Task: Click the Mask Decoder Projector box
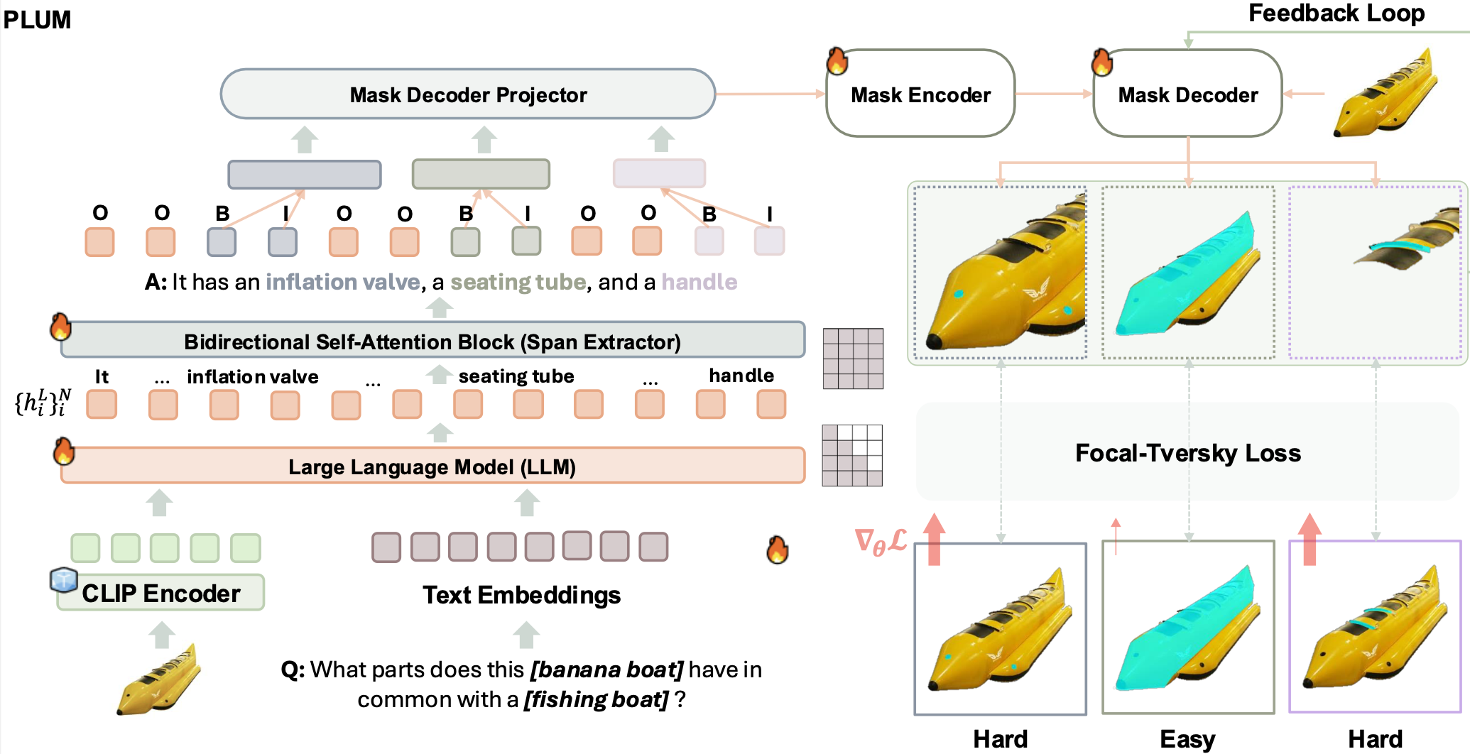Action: tap(468, 94)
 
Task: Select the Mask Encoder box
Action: tap(920, 94)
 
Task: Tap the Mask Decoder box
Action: tap(1187, 94)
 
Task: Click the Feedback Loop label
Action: tap(1336, 13)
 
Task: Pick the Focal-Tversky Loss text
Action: tap(1187, 453)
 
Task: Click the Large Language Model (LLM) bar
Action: tap(432, 466)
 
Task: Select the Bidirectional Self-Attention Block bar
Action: tap(432, 342)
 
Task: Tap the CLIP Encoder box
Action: tap(161, 594)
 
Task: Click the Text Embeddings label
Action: tap(521, 595)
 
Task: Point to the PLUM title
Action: tap(37, 20)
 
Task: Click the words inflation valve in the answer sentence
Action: tap(342, 283)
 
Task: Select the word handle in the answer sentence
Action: tap(699, 283)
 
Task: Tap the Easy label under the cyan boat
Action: tap(1187, 739)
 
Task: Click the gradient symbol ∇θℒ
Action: tap(881, 542)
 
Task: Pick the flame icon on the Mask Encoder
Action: tap(837, 62)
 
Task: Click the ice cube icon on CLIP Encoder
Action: tap(63, 579)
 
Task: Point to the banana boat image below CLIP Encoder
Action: tap(159, 678)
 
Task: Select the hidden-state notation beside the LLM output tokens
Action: tap(43, 403)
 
